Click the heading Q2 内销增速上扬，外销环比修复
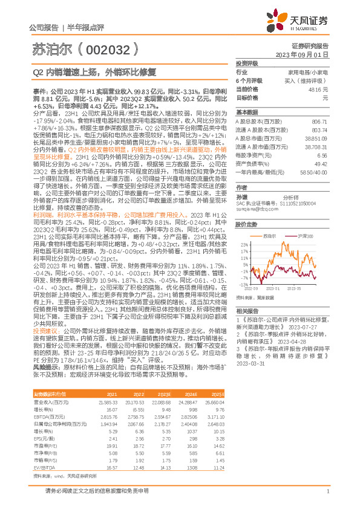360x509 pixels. click(94, 71)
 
